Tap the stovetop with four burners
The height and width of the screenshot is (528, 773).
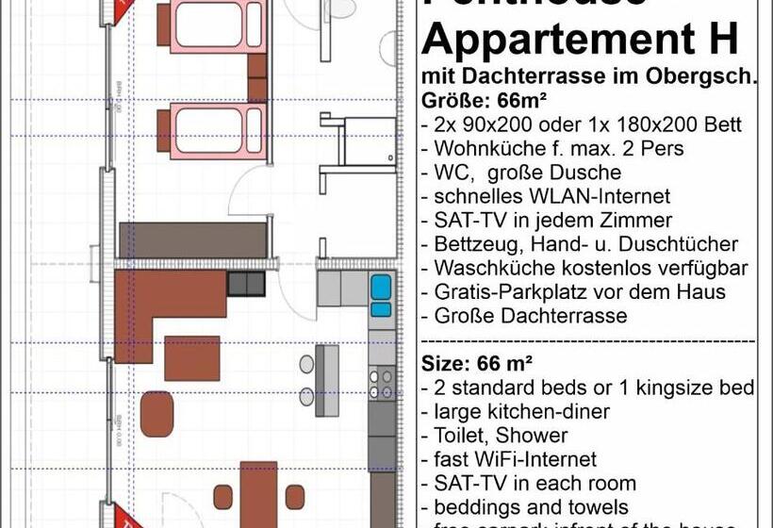click(381, 382)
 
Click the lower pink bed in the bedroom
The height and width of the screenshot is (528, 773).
click(209, 130)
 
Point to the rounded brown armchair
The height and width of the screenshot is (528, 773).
click(157, 414)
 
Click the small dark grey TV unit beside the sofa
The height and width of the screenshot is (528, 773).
click(247, 283)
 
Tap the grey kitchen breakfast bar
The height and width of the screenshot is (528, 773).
click(326, 380)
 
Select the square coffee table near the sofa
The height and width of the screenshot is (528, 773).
click(192, 357)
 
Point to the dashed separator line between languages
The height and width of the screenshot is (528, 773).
click(585, 339)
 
